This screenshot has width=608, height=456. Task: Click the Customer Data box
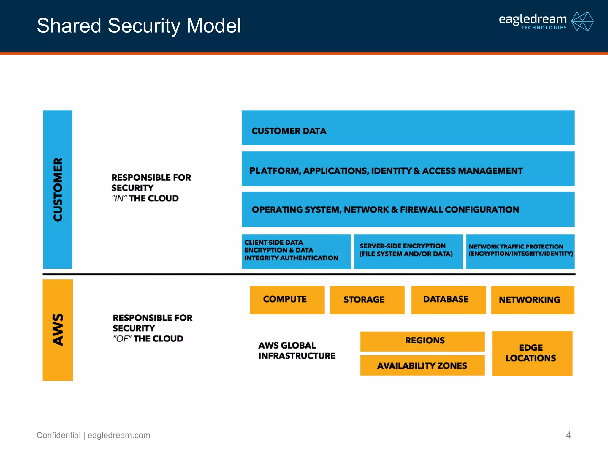408,128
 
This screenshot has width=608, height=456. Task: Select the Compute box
287,300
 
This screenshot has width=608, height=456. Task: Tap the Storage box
367,300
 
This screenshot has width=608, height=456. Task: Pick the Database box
448,300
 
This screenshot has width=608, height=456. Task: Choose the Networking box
532,300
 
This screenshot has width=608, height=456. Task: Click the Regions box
422,341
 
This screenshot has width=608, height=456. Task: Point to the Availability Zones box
422,365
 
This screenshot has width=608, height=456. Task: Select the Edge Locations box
532,353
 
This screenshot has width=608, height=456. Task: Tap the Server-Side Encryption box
408,251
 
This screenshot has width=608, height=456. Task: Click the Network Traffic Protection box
520,251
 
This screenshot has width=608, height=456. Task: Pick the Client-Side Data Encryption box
296,251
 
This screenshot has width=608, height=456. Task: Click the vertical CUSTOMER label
58,189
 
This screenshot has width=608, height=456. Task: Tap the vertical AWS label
58,330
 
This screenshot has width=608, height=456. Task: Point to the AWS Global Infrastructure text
297,351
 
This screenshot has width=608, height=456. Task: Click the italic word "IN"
119,198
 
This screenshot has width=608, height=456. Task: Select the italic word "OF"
122,339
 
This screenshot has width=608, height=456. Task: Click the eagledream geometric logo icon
582,21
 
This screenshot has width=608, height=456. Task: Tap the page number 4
568,435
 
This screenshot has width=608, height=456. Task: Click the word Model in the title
213,26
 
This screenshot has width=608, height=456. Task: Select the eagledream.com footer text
119,435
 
